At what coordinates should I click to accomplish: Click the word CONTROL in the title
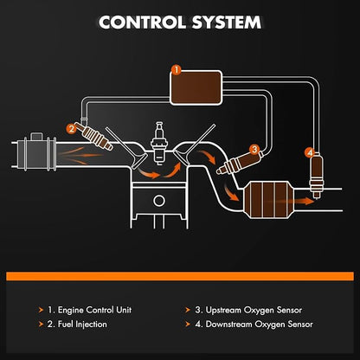143,22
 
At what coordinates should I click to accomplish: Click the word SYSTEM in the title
227,22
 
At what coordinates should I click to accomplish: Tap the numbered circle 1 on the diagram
176,70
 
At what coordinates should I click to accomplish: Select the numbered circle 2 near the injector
71,128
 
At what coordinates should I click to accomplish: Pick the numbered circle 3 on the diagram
254,149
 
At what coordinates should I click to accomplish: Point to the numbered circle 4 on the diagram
310,152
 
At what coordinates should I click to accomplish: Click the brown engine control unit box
196,87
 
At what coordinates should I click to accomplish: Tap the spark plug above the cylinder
159,144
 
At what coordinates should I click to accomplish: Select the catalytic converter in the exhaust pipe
269,200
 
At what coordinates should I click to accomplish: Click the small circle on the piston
159,201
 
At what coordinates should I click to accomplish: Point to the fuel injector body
94,137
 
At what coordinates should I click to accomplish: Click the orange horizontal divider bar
180,276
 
